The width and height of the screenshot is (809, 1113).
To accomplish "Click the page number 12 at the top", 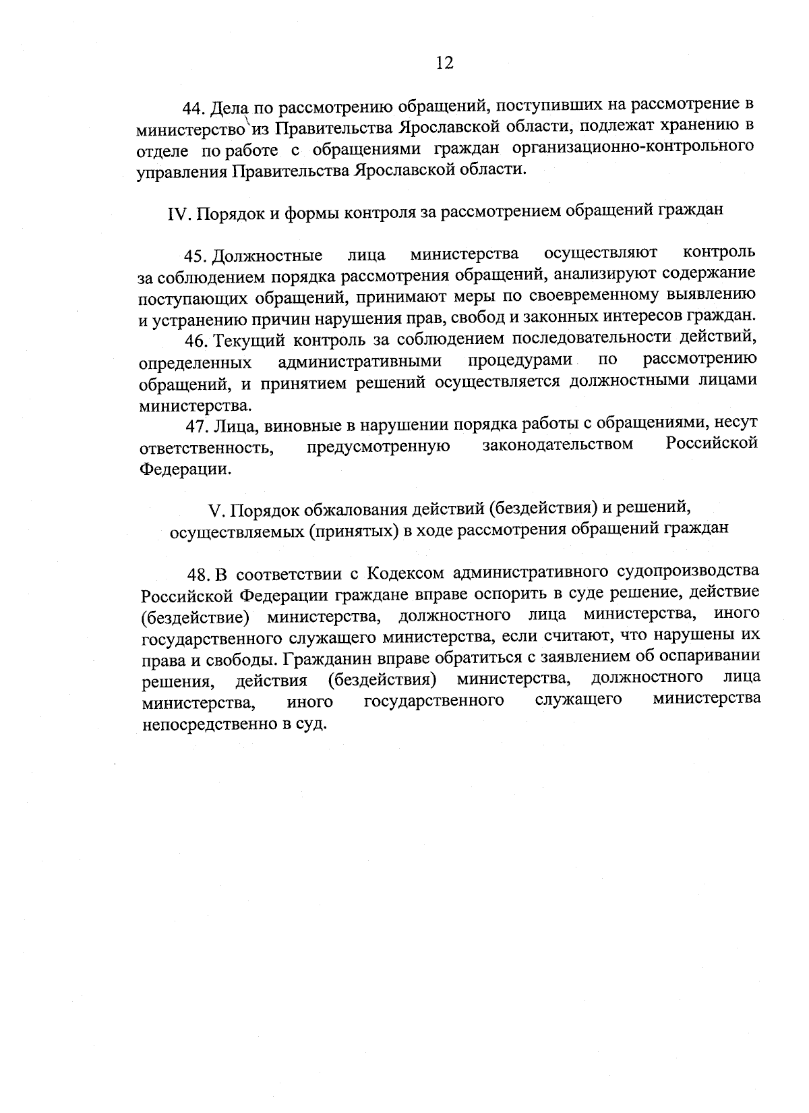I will (444, 63).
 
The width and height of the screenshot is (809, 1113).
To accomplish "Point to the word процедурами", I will (520, 360).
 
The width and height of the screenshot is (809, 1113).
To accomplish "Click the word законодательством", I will (558, 445).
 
